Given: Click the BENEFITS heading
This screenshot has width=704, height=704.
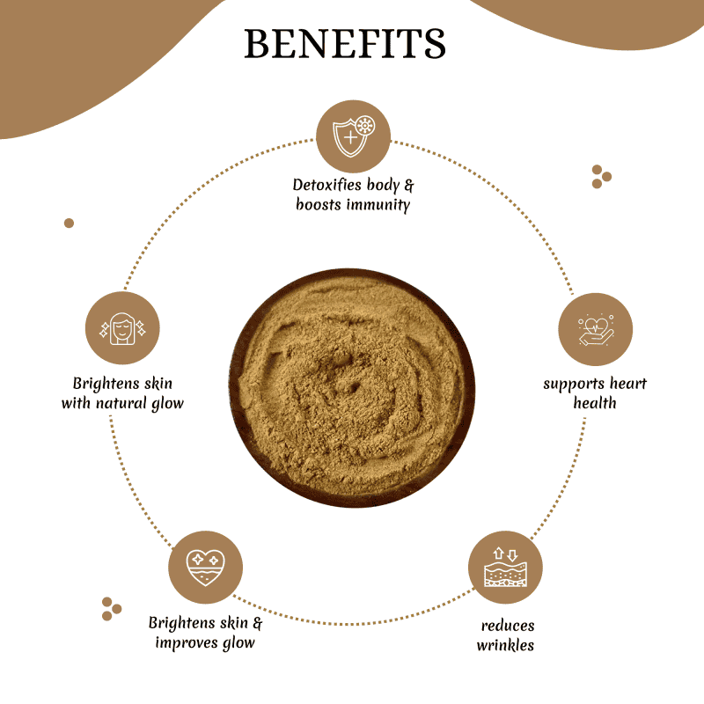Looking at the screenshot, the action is click(344, 43).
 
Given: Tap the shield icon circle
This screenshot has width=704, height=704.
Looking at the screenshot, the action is click(353, 136).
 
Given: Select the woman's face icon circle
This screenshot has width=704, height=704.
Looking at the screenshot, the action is click(122, 327).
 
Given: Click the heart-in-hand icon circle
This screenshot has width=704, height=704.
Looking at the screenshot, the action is click(596, 329).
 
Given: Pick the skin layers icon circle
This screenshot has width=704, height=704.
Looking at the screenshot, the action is click(505, 567).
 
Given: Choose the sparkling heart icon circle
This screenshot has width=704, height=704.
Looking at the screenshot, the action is click(205, 567).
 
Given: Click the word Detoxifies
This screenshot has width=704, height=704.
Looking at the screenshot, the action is click(326, 185).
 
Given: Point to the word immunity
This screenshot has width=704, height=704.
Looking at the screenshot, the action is click(378, 205).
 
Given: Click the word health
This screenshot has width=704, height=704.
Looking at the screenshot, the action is click(595, 403).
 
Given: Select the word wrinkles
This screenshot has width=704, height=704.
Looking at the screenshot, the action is click(505, 645).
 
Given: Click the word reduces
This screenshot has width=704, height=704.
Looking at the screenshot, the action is click(508, 626).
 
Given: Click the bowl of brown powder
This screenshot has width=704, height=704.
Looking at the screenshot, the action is click(352, 388).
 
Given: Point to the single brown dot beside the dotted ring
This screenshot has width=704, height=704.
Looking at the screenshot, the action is click(69, 224).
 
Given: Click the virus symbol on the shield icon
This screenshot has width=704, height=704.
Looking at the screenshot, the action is click(365, 126).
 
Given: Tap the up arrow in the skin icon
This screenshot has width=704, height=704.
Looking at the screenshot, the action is click(498, 554).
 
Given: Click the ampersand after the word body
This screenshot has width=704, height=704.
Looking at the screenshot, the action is click(408, 185).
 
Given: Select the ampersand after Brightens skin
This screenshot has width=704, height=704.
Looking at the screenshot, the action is click(257, 623).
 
